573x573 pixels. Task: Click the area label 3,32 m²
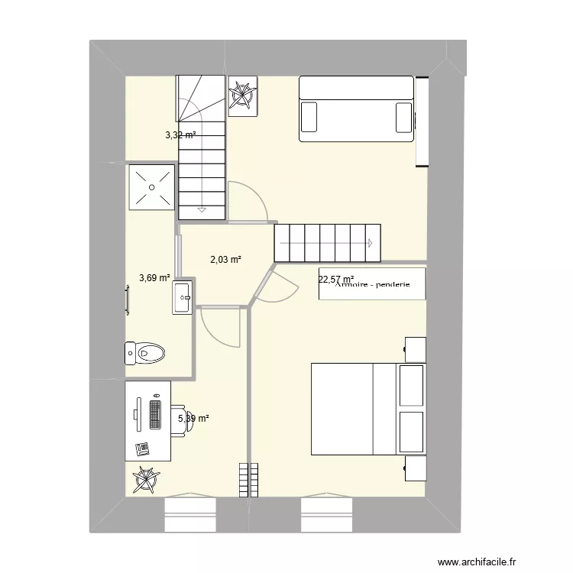coord(180,135)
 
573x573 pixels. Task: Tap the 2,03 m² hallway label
coord(225,260)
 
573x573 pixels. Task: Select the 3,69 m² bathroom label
coord(154,278)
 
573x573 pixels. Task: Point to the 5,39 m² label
coord(193,418)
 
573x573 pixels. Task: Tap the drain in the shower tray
coord(152,186)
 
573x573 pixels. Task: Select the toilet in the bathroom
coord(145,353)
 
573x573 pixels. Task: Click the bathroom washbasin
coord(183,296)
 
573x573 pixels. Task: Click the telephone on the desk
coord(141,448)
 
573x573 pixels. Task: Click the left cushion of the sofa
coord(309,118)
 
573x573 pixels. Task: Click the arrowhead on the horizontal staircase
coord(369,244)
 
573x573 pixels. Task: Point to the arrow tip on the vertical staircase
coord(202,209)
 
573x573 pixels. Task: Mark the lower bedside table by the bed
coord(416,468)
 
